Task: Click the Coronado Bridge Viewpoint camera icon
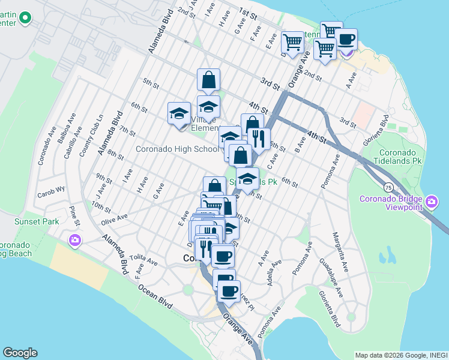click(x=432, y=202)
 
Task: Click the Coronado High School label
click(x=178, y=149)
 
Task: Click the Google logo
click(x=20, y=353)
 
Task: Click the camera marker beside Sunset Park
click(x=75, y=241)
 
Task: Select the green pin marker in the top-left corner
click(x=25, y=18)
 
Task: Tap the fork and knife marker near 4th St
click(x=259, y=139)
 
